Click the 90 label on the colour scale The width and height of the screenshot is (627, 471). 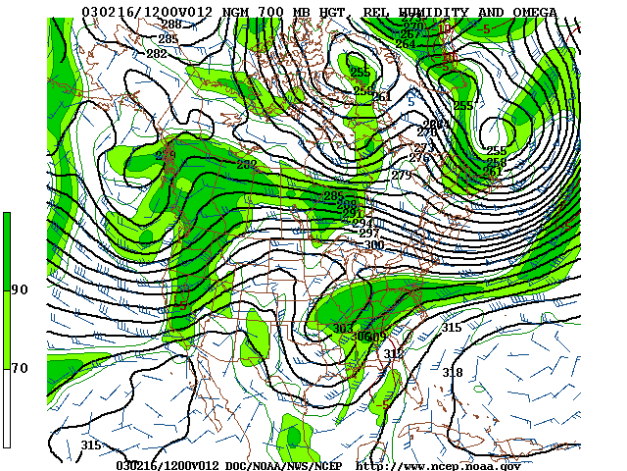pos(20,289)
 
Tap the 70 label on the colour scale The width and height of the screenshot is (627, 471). pos(20,368)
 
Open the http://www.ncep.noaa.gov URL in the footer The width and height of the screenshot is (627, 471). pos(437,465)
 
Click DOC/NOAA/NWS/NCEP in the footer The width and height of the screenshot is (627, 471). pos(288,465)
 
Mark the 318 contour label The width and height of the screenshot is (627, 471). pos(452,372)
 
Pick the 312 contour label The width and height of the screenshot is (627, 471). pos(393,353)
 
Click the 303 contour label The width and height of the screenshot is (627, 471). pos(343,328)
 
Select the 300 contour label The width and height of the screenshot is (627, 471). pos(373,245)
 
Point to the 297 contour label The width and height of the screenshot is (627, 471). pos(368,234)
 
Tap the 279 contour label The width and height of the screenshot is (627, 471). pos(401,176)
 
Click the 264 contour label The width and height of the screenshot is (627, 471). pos(406,44)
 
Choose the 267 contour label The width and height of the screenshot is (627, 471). pos(410,34)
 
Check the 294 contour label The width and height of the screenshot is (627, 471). pos(362,224)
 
